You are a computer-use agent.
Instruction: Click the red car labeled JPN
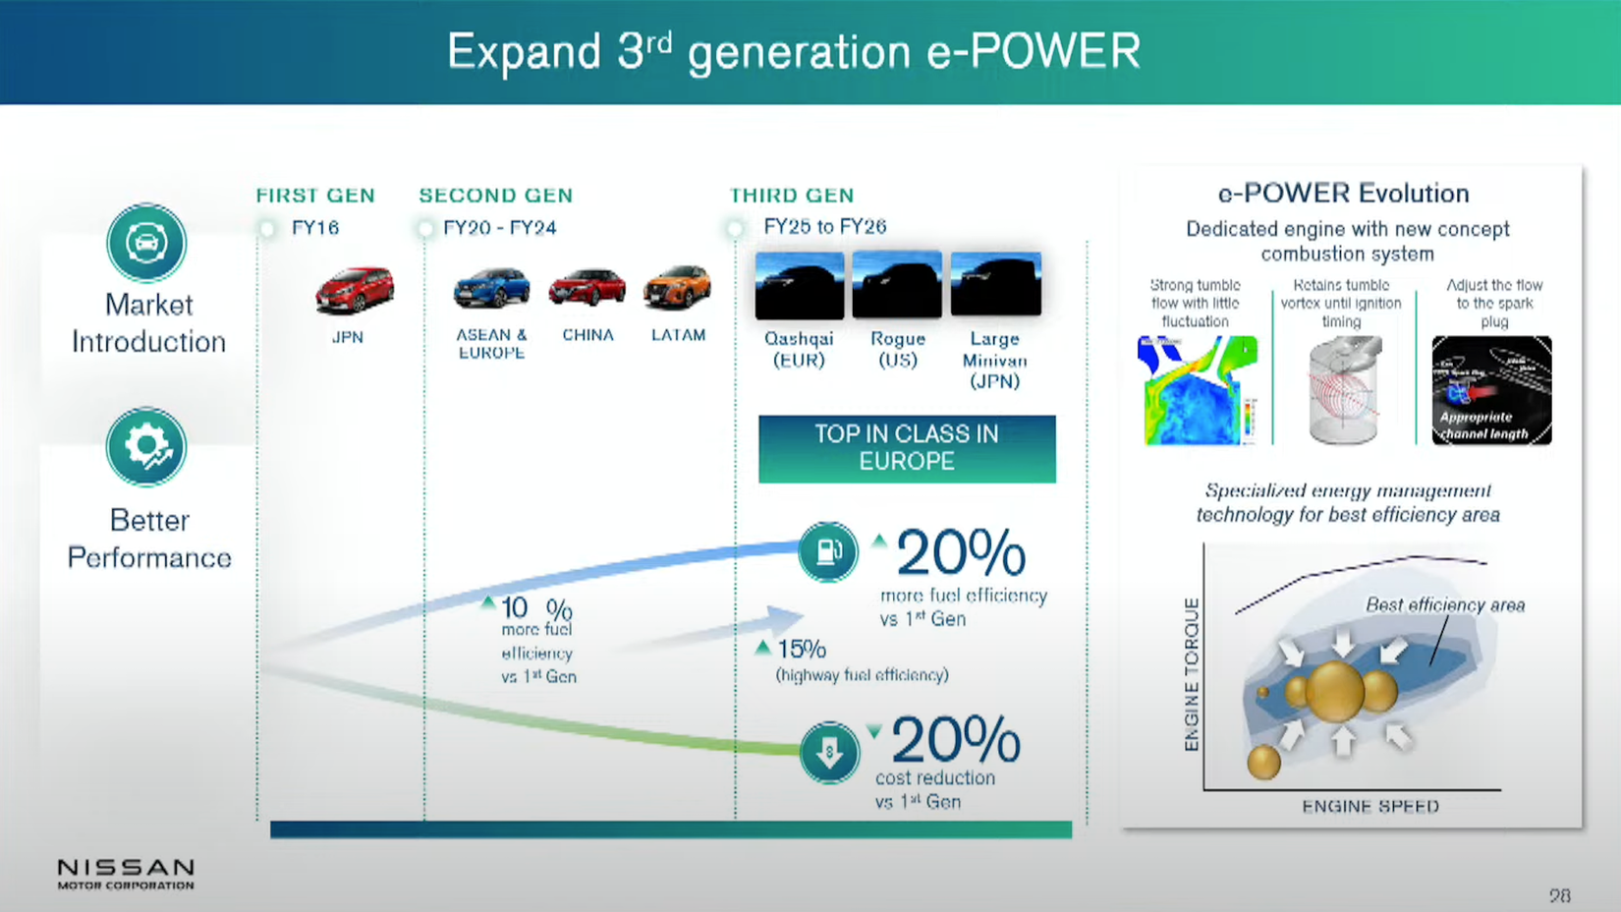pos(354,290)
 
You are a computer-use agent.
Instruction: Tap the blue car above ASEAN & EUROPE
pos(491,288)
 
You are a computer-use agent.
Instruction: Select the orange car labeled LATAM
pos(677,287)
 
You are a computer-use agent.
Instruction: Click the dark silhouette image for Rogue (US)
pos(897,285)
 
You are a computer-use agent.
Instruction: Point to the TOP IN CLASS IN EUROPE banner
pos(907,448)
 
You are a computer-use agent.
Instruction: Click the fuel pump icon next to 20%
pos(827,552)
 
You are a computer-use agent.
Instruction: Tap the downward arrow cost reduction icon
pos(829,753)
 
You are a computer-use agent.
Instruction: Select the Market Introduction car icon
pos(146,243)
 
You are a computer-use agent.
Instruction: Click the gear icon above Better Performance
pos(146,447)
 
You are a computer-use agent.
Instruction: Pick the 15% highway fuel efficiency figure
pos(801,650)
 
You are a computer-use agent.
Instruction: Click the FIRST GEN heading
pos(315,196)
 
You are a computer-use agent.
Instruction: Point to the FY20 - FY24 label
pos(499,228)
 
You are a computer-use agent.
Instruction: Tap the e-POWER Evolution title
pos(1343,194)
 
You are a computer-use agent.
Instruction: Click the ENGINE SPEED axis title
pos(1370,807)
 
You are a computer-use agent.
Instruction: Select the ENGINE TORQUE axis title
pos(1192,674)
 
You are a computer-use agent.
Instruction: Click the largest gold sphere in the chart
pos(1334,691)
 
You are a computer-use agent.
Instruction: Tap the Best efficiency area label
pos(1444,605)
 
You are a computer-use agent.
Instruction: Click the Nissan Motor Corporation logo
pos(126,873)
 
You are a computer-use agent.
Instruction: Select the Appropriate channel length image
pos(1491,390)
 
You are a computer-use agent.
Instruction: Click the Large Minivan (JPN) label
pos(994,360)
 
